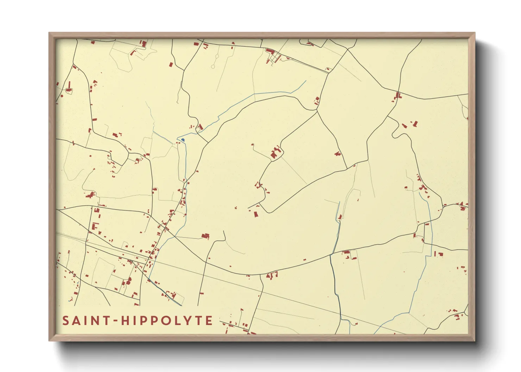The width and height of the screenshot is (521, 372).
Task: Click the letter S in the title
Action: tap(66, 321)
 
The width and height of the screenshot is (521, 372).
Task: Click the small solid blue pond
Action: tap(183, 140)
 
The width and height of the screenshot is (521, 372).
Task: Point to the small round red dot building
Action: tap(62, 96)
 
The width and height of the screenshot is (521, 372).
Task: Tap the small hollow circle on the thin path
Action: tap(213, 66)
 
